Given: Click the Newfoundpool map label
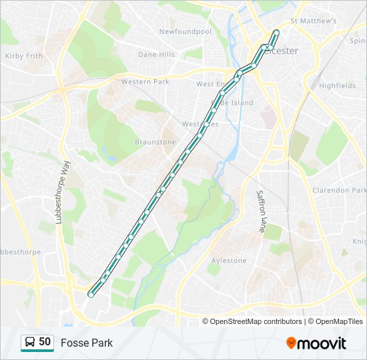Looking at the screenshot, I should click(185, 31).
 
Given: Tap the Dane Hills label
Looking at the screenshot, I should click(156, 55).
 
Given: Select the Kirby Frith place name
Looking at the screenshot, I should click(24, 56).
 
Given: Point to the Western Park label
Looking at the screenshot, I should click(145, 81).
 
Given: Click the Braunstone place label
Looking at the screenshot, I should click(155, 142).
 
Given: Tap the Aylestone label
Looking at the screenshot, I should click(229, 261).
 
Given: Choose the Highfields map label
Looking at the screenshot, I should click(337, 86).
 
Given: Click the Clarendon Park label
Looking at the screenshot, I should click(340, 190).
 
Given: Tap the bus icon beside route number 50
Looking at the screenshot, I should click(30, 342).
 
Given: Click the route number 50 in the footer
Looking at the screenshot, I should click(45, 342).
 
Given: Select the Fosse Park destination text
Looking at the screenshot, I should click(87, 343).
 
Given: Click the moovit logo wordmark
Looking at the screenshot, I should click(322, 343).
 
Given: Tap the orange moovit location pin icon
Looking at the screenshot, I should click(291, 343).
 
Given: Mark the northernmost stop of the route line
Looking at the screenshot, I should click(276, 31).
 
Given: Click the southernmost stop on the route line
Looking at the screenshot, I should click(92, 292).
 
